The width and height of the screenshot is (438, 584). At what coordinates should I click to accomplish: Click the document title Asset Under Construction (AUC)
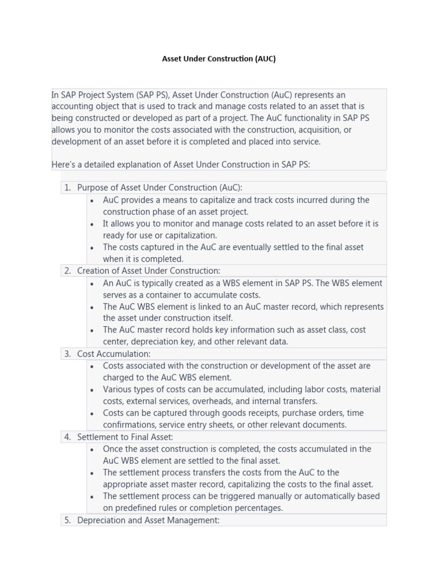pyautogui.click(x=219, y=59)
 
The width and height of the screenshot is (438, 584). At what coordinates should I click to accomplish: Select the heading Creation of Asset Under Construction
pyautogui.click(x=148, y=271)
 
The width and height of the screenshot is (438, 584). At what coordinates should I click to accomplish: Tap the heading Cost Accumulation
pyautogui.click(x=113, y=354)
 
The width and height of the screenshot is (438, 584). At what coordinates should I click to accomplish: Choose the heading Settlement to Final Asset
pyautogui.click(x=125, y=437)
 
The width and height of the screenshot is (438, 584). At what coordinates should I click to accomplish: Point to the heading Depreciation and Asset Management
pyautogui.click(x=148, y=520)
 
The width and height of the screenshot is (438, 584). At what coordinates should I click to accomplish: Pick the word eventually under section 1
pyautogui.click(x=268, y=247)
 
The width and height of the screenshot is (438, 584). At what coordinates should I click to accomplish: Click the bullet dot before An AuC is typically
pyautogui.click(x=92, y=283)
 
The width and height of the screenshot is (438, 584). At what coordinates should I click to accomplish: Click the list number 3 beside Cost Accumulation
pyautogui.click(x=67, y=354)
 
